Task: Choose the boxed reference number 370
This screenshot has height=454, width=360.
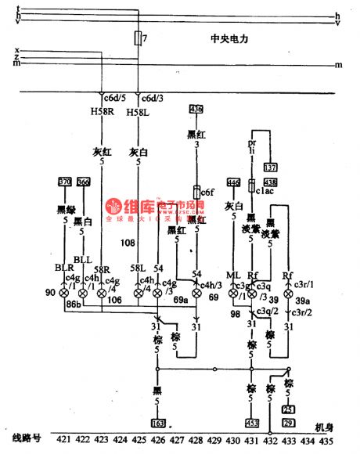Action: [65, 182]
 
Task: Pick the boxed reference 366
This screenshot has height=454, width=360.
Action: [83, 182]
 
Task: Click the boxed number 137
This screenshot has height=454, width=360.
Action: [272, 167]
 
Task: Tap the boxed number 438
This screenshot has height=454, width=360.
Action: [271, 182]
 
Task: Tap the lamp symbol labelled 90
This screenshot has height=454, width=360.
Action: [64, 292]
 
